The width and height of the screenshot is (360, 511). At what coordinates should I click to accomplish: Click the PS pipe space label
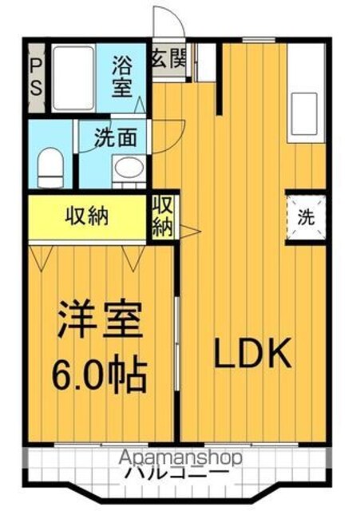pos(36,77)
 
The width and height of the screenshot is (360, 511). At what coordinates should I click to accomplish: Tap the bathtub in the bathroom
pos(73,78)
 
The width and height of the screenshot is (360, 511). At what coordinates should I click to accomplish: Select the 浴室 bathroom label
pos(122,77)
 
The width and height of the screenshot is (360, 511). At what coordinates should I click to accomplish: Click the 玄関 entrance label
pos(169,59)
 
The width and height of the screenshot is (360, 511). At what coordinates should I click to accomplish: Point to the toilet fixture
pos(50,168)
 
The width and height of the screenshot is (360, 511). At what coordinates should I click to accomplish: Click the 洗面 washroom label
pos(115,138)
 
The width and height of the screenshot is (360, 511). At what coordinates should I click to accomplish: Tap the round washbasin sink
pos(129,168)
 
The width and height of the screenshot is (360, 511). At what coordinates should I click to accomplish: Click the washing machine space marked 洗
pos(306,217)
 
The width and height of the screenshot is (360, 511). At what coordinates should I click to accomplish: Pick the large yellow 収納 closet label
pos(86,216)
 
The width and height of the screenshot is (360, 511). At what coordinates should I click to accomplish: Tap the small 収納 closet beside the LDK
pos(163,216)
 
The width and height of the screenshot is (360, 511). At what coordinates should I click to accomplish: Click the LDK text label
pos(251,354)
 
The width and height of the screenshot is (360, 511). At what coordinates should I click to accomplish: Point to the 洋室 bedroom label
pos(100,320)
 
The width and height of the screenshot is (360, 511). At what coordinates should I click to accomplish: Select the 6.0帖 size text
pos(100,376)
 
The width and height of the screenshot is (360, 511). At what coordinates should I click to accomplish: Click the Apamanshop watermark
pos(181,458)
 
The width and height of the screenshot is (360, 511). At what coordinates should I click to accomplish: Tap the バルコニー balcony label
pos(175,472)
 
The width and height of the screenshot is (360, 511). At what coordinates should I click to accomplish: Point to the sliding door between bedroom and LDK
pos(176,343)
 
